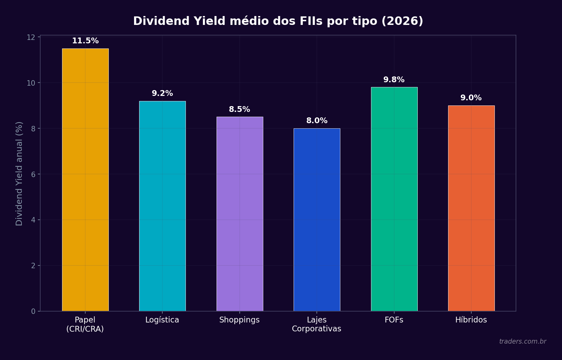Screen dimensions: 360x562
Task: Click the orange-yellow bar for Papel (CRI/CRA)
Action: point(85,180)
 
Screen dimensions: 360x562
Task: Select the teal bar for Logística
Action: point(162,206)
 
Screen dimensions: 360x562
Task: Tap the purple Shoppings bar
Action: point(240,214)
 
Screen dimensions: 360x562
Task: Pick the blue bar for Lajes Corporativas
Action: point(317,220)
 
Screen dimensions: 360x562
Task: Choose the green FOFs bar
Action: point(394,199)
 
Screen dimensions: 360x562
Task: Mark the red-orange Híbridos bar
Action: point(471,208)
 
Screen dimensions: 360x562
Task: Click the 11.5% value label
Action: point(85,41)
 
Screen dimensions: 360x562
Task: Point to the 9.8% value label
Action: point(394,80)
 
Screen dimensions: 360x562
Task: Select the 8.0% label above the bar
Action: point(317,121)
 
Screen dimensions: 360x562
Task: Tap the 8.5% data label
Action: point(239,110)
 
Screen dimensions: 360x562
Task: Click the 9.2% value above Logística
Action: point(162,93)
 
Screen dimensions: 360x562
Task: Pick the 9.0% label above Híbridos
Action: point(471,98)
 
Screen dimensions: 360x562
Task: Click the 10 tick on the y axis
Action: point(31,83)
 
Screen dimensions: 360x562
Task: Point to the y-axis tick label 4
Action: point(33,220)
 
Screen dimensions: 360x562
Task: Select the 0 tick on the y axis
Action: point(33,311)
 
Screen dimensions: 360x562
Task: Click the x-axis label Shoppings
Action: point(239,320)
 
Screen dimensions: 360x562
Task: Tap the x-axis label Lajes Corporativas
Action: point(316,325)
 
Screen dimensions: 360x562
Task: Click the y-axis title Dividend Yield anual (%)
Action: point(19,173)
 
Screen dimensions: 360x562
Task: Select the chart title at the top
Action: point(278,21)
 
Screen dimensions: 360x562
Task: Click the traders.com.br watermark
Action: point(522,342)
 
